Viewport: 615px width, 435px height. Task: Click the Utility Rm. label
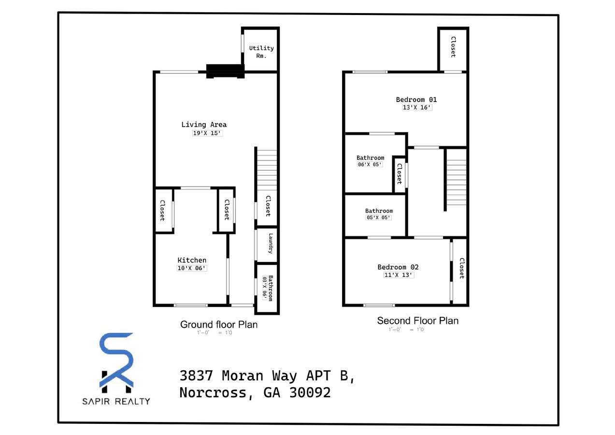pyautogui.click(x=261, y=52)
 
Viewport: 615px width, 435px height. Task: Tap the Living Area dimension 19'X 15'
pyautogui.click(x=207, y=133)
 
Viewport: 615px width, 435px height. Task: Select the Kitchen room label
pyautogui.click(x=192, y=261)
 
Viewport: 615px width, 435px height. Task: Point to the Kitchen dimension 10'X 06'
pyautogui.click(x=192, y=268)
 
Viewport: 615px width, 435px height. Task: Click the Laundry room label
pyautogui.click(x=271, y=244)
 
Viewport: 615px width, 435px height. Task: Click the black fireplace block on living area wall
pyautogui.click(x=224, y=71)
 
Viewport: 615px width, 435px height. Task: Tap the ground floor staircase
pyautogui.click(x=267, y=169)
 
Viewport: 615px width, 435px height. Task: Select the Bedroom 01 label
pyautogui.click(x=416, y=100)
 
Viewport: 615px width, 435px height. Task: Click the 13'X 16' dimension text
pyautogui.click(x=416, y=108)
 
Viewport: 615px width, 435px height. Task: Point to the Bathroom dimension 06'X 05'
pyautogui.click(x=370, y=165)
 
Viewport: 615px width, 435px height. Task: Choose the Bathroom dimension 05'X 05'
pyautogui.click(x=378, y=218)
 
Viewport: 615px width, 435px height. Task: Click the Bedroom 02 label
pyautogui.click(x=398, y=267)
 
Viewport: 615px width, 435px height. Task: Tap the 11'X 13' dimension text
pyautogui.click(x=398, y=275)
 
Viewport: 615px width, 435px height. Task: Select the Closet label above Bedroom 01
pyautogui.click(x=453, y=47)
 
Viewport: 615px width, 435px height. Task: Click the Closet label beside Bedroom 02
pyautogui.click(x=461, y=269)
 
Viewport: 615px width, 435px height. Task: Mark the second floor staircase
pyautogui.click(x=456, y=177)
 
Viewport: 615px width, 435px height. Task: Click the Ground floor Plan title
pyautogui.click(x=219, y=325)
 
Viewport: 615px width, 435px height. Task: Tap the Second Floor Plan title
pyautogui.click(x=417, y=321)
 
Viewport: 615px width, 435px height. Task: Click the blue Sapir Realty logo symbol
pyautogui.click(x=116, y=362)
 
